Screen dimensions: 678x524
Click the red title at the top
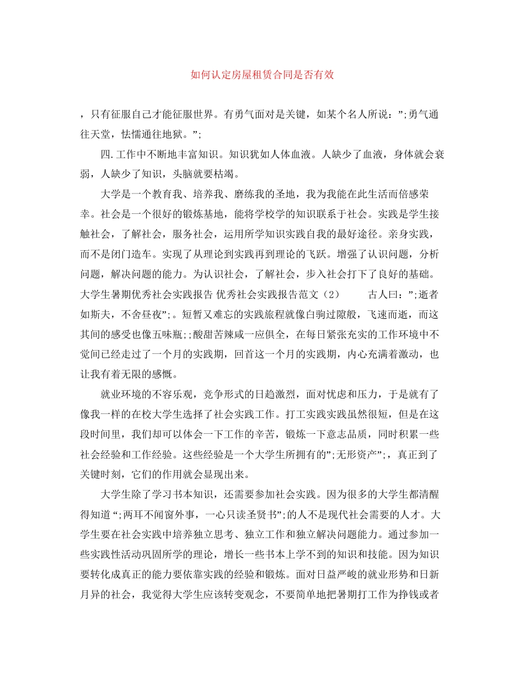262,75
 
